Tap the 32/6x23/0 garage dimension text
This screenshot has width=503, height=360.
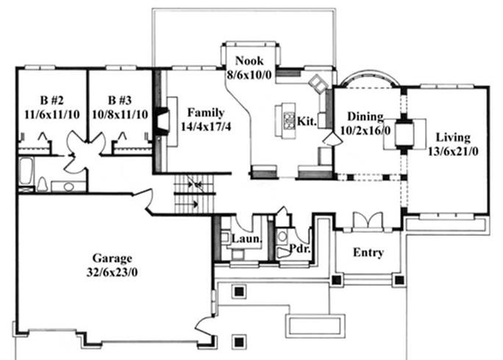click(x=112, y=272)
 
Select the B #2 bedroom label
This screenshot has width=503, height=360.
click(x=51, y=101)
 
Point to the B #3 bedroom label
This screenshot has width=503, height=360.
click(x=120, y=101)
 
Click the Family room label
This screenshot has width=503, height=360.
click(x=206, y=113)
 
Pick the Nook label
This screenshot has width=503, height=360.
click(x=249, y=60)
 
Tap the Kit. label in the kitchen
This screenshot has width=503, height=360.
click(x=307, y=121)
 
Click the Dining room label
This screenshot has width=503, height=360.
click(x=365, y=117)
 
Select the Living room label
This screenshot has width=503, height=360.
click(x=453, y=137)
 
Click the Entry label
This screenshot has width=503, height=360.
click(x=368, y=253)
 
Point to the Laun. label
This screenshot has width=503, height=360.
click(x=246, y=239)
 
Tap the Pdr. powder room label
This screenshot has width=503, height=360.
click(x=300, y=248)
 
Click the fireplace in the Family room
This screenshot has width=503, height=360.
click(x=163, y=122)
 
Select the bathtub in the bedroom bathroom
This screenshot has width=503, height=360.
click(x=26, y=172)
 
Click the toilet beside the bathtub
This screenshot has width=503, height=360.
click(x=42, y=184)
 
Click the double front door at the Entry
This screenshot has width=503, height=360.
click(x=367, y=220)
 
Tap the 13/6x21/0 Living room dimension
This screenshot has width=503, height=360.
click(x=453, y=151)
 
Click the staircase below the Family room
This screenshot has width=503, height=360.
click(x=193, y=194)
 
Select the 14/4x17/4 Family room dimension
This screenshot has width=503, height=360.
click(x=206, y=126)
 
